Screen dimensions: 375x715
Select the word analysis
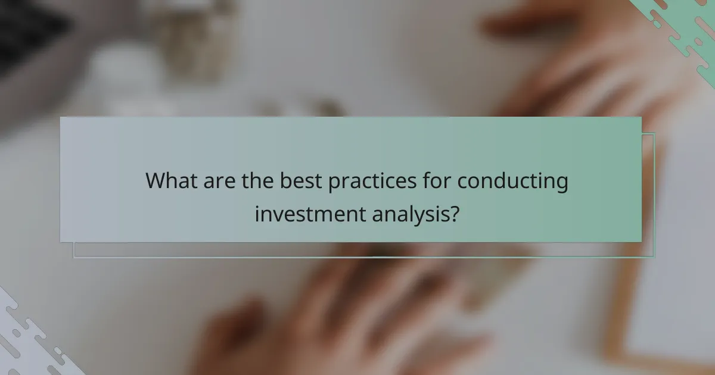(x=410, y=214)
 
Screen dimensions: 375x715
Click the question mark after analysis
(x=454, y=212)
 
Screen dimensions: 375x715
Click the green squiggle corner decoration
(x=685, y=30)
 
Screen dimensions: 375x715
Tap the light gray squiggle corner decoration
(x=30, y=339)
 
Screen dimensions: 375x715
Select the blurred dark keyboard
(x=30, y=36)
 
